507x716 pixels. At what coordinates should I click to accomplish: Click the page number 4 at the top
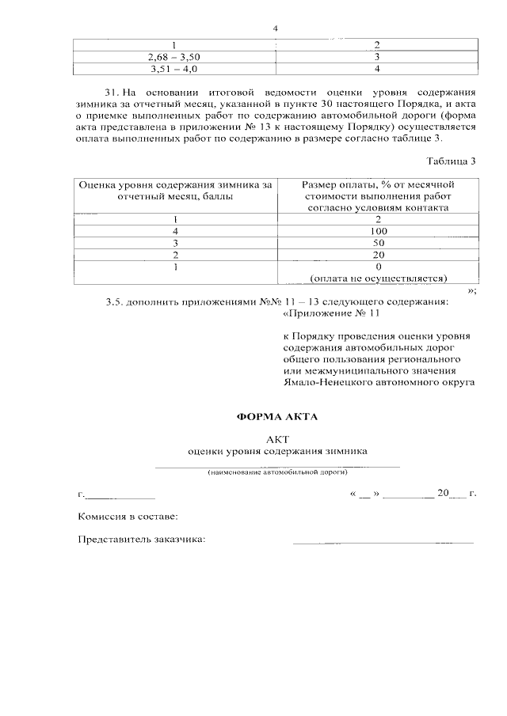(275, 29)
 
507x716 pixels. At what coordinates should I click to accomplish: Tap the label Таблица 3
(450, 161)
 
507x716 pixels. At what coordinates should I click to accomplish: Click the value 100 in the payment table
(378, 231)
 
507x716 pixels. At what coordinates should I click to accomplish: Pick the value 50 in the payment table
(378, 243)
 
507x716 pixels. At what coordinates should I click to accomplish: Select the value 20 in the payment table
(378, 255)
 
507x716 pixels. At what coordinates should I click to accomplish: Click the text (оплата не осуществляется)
(378, 278)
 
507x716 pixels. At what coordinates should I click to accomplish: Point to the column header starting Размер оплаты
(378, 195)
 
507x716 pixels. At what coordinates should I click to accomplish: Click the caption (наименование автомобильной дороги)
(277, 472)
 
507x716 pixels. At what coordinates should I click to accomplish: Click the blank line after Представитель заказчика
(383, 543)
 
